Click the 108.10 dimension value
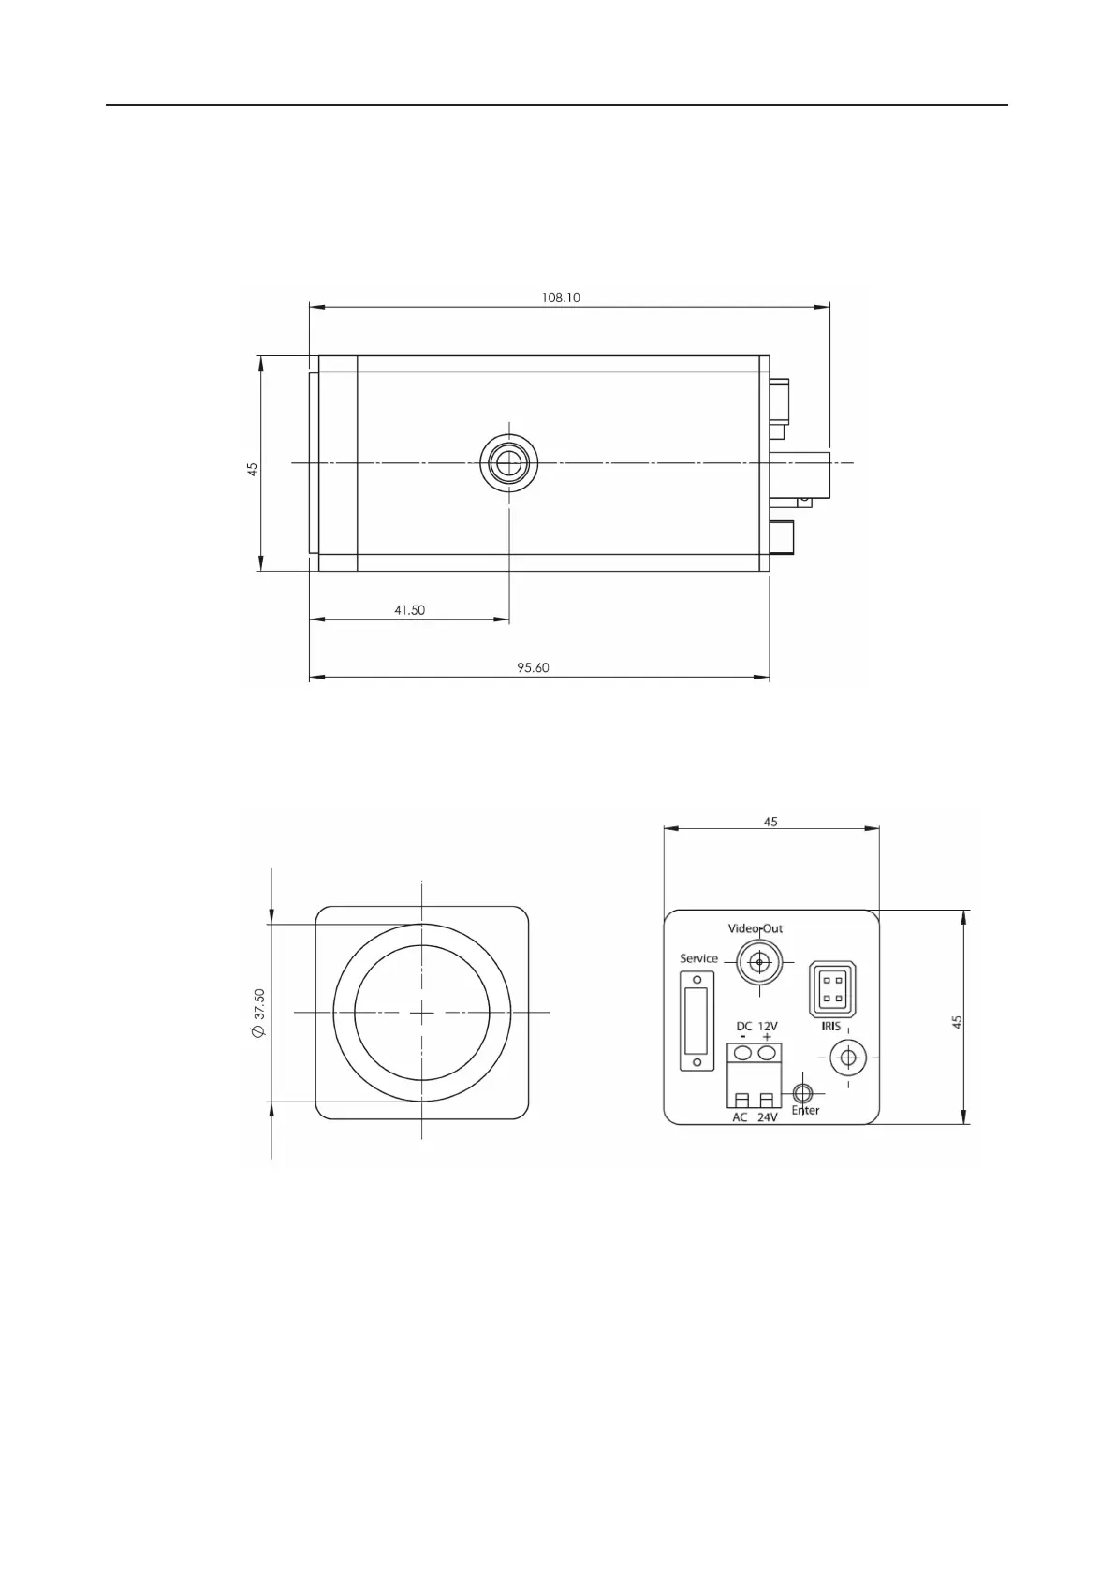561,298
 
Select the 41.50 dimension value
410,610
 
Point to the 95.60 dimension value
533,667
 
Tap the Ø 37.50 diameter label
258,1013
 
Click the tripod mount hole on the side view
508,463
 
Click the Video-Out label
756,928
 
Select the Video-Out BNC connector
759,962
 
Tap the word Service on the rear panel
698,958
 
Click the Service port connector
697,1021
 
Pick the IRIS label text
830,1027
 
